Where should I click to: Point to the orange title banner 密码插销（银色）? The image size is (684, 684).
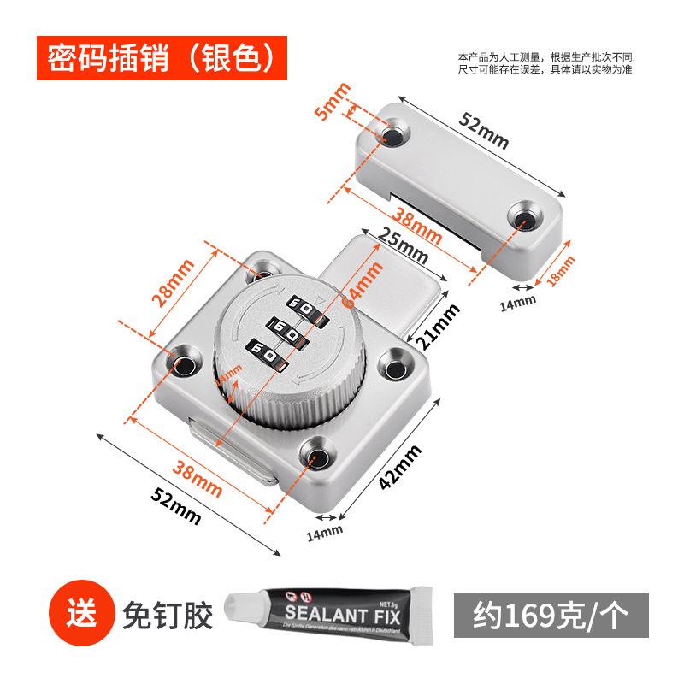[162, 57]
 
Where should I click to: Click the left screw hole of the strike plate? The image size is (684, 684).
[396, 136]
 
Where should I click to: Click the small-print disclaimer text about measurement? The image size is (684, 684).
[545, 62]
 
